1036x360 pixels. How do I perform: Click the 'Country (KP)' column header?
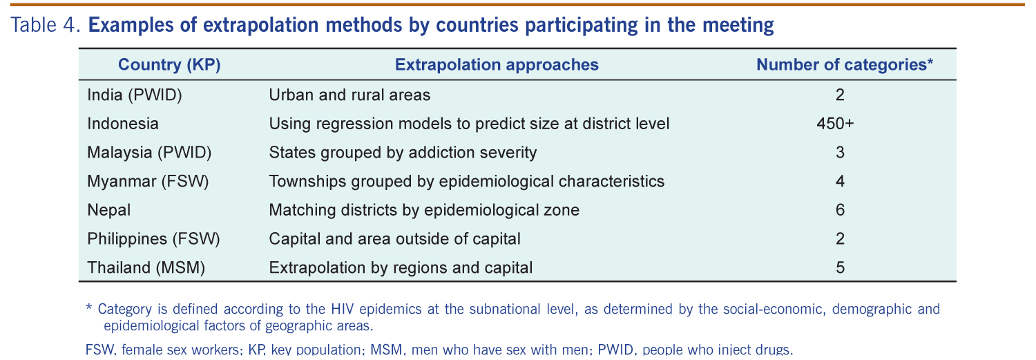point(169,65)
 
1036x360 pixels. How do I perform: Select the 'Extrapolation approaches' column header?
point(497,65)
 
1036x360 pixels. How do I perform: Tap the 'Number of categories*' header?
point(845,64)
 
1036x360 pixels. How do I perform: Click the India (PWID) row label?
point(135,95)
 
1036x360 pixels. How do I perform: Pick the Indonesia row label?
point(123,124)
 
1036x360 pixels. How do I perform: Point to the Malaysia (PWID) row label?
point(149,152)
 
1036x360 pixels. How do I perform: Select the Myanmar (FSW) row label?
point(148,182)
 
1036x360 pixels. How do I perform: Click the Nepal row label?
point(109,210)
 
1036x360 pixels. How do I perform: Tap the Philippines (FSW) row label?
point(153,239)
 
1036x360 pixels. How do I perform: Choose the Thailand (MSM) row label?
point(146,267)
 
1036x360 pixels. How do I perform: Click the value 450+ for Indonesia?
point(835,124)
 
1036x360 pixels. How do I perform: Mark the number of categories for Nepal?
point(841,210)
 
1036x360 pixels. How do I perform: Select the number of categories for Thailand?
point(841,267)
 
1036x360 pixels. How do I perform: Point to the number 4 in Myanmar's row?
point(841,182)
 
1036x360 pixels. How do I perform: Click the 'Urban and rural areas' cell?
point(349,95)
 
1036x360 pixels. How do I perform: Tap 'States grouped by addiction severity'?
point(403,153)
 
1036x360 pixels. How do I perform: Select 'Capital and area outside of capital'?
point(394,239)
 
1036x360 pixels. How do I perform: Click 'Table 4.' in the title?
point(46,25)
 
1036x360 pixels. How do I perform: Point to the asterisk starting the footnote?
point(89,307)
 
